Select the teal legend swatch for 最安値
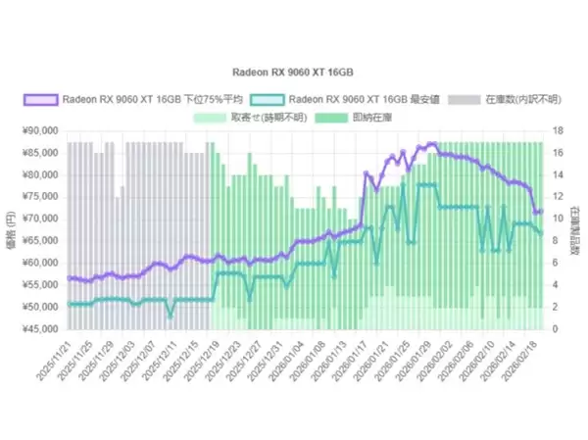tap(268, 99)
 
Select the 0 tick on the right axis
tap(554, 329)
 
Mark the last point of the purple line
tap(541, 211)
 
